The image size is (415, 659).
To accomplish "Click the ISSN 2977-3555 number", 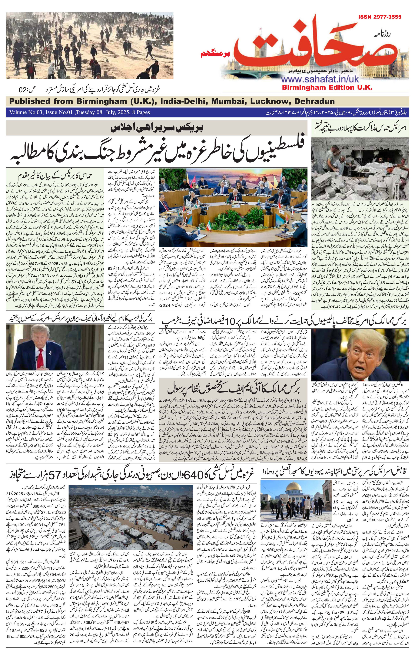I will (379, 17).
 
